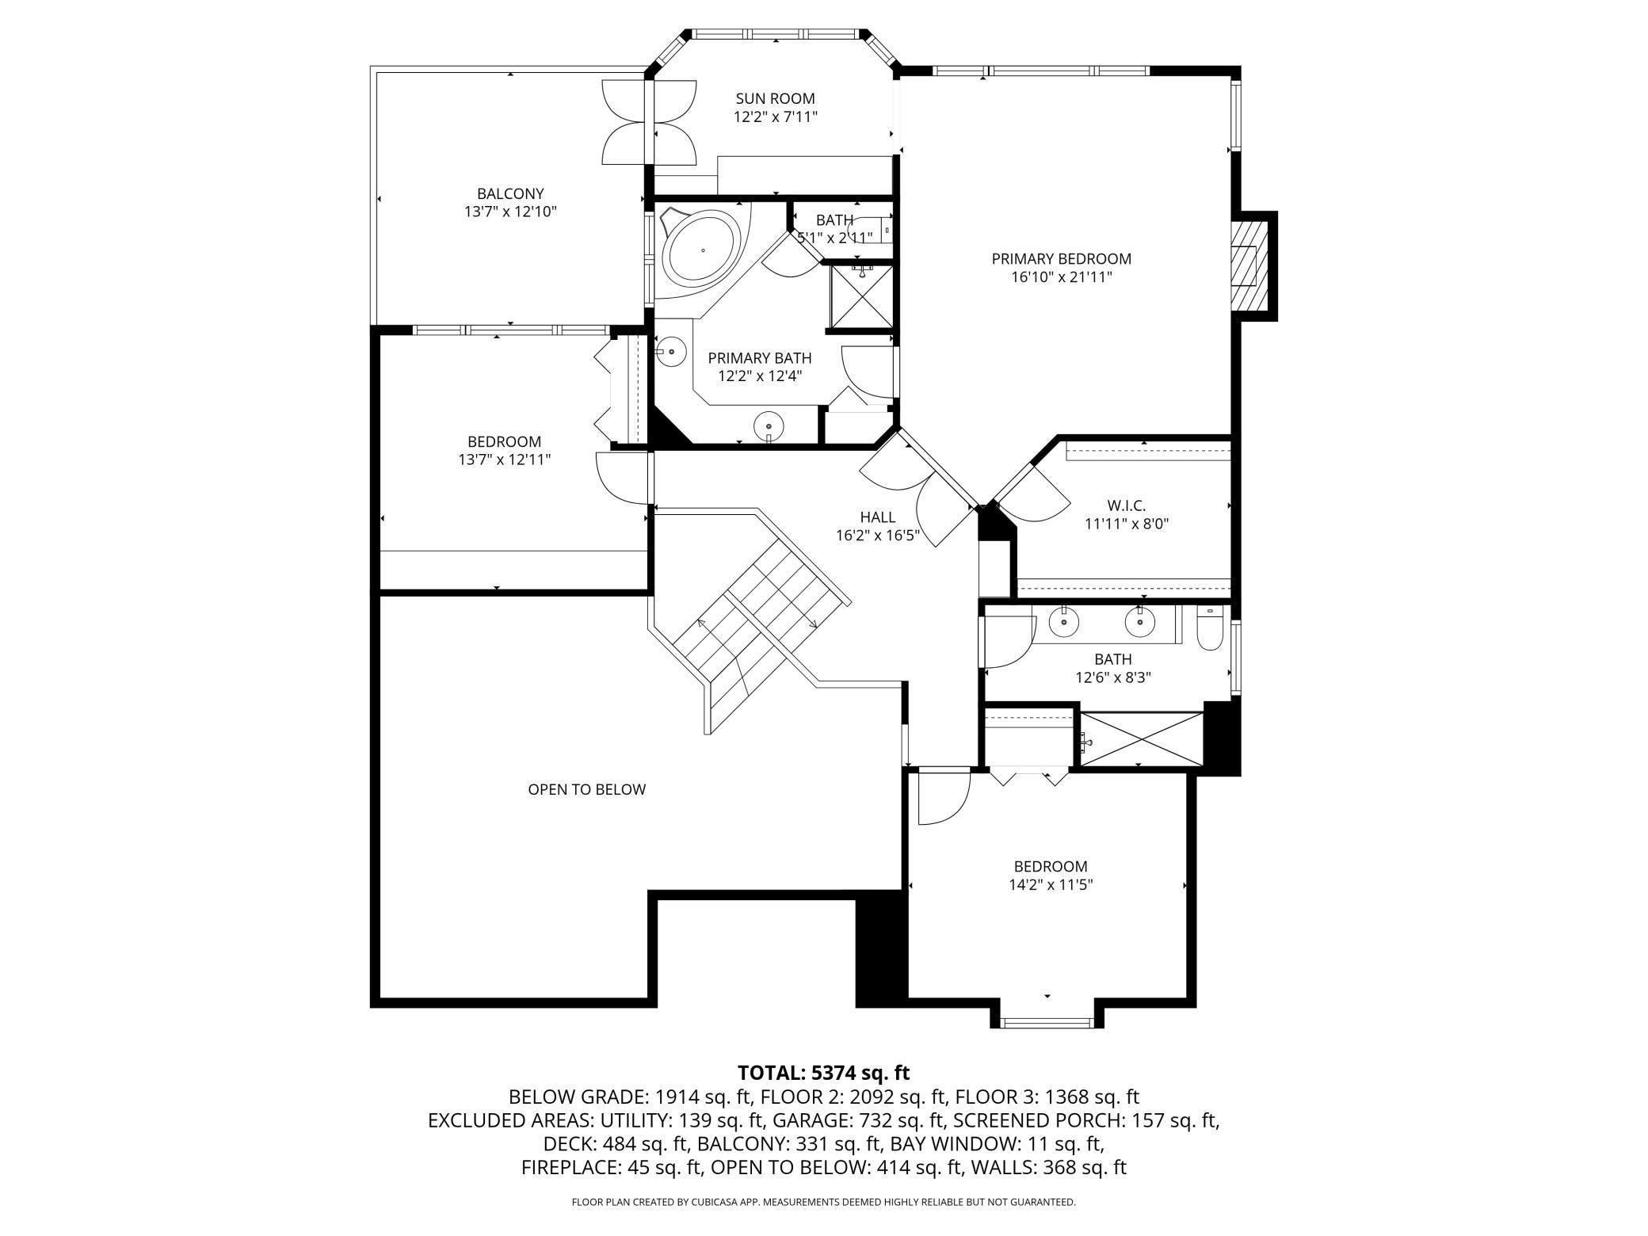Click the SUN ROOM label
tap(775, 99)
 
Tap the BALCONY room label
tap(510, 194)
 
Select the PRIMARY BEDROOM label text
tap(1062, 259)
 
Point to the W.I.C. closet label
tap(1127, 505)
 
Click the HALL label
tap(878, 517)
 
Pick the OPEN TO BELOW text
tap(587, 789)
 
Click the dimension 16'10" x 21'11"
tap(1062, 277)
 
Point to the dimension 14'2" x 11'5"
tap(1051, 885)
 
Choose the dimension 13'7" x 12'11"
tap(505, 460)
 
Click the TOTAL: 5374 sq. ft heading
tap(824, 1073)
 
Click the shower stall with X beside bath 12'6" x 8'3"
tap(1142, 738)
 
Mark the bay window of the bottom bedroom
tap(1047, 1021)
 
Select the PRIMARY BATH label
tap(760, 358)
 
